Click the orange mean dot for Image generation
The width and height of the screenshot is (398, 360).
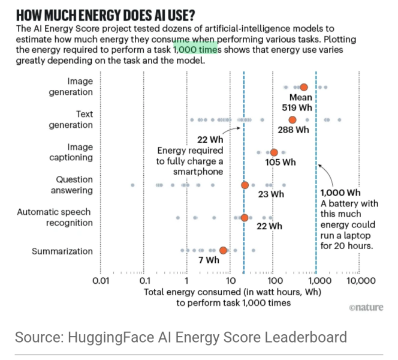pyautogui.click(x=303, y=88)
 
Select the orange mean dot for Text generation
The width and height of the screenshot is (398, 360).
pyautogui.click(x=293, y=120)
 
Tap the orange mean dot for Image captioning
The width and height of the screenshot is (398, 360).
pyautogui.click(x=274, y=152)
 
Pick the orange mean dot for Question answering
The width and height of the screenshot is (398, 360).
pyautogui.click(x=245, y=185)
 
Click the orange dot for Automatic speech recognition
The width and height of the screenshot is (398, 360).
pyautogui.click(x=245, y=218)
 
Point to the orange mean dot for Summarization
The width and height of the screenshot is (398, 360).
pyautogui.click(x=223, y=250)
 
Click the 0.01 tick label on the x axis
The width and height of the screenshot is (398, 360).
pyautogui.click(x=100, y=280)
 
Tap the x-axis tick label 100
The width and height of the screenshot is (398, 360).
pyautogui.click(x=273, y=280)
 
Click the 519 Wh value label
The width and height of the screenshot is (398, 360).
pyautogui.click(x=302, y=108)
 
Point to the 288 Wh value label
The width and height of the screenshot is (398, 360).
pyautogui.click(x=293, y=130)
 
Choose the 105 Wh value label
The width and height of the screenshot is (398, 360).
pyautogui.click(x=281, y=162)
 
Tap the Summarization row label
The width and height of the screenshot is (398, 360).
pyautogui.click(x=62, y=251)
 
